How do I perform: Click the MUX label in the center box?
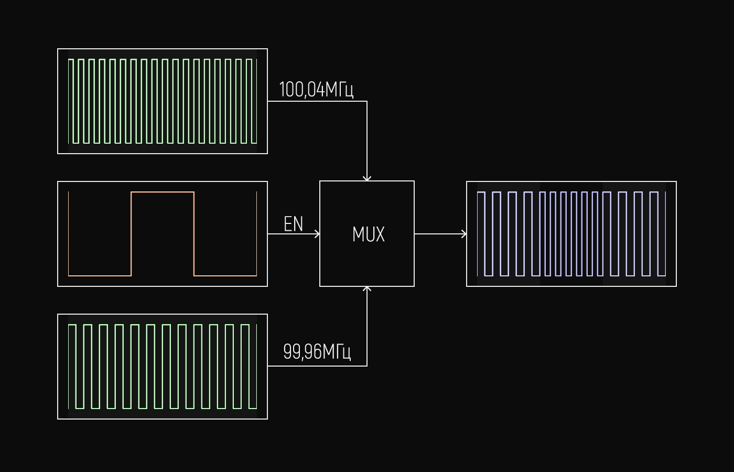(368, 234)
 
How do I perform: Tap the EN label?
(293, 224)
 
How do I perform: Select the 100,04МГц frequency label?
(316, 90)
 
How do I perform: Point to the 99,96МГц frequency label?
(317, 351)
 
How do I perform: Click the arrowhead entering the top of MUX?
(367, 178)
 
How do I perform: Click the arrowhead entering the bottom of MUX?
(367, 289)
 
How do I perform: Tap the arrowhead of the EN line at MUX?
(317, 234)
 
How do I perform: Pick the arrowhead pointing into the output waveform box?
(464, 234)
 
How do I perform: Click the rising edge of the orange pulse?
(131, 234)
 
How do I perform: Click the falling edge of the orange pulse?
(194, 234)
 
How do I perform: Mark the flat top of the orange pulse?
(163, 192)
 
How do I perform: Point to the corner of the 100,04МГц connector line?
(367, 101)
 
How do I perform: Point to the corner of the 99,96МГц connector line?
(367, 366)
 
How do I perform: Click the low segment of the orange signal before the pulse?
(100, 275)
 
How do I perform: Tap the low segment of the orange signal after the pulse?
(225, 275)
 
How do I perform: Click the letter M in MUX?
(358, 234)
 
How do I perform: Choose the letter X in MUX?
(380, 234)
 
